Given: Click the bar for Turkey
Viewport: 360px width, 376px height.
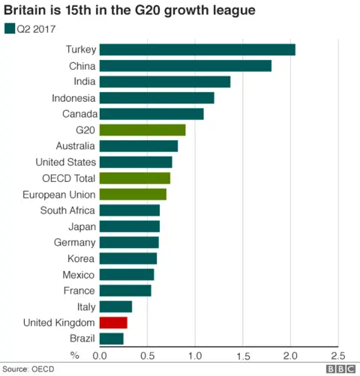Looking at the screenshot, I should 196,49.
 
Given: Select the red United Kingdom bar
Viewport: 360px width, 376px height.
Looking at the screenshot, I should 113,323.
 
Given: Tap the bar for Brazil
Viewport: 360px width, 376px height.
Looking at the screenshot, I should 111,339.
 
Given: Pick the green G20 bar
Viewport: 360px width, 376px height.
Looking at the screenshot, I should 142,130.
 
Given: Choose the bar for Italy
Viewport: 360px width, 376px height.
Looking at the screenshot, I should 115,306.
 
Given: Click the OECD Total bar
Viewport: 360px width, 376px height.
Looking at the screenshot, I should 134,178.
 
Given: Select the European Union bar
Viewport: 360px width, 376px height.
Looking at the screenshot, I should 132,195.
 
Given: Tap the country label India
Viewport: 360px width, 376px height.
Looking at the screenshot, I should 84,82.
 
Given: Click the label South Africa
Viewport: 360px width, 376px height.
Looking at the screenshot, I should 68,210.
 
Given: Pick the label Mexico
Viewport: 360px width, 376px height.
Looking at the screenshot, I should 79,274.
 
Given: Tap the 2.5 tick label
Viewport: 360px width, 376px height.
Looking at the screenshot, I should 338,356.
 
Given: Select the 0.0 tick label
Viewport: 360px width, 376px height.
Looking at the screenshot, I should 99,356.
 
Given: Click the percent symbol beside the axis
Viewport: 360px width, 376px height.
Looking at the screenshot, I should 74,355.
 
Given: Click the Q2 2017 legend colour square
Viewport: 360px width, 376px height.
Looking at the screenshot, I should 9,29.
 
